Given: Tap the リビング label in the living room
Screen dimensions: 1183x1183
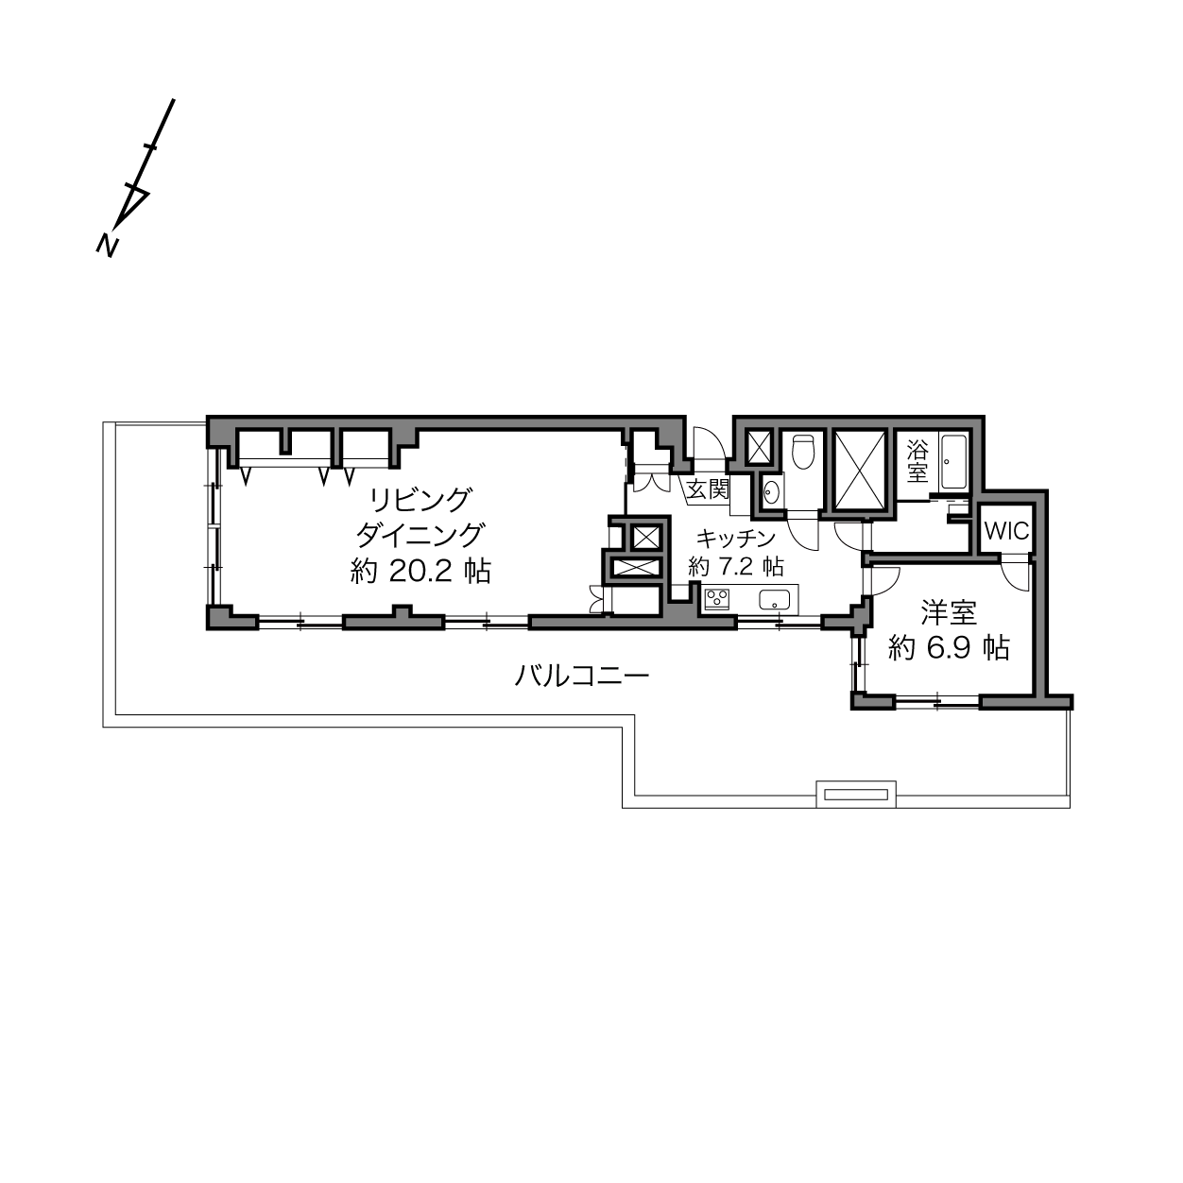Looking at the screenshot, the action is [420, 501].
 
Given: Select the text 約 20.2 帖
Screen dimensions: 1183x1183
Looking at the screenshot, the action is [420, 572].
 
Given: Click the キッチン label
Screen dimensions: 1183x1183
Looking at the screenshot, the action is [735, 539].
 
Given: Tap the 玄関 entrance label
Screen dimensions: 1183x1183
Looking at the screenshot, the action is [708, 489].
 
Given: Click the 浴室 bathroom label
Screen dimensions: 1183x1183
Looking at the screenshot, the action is [917, 462].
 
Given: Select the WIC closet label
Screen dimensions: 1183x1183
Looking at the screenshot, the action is [1006, 531].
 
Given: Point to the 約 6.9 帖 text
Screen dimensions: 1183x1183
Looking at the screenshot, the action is [949, 647].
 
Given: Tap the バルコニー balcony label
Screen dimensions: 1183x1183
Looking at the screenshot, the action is [581, 677].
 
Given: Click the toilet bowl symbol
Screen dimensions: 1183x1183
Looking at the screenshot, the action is [803, 452].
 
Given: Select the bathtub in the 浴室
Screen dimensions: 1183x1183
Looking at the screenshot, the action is [954, 462].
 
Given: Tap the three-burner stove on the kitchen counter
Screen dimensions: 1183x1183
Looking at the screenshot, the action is [717, 598].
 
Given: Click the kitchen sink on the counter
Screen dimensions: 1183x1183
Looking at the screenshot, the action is [773, 599].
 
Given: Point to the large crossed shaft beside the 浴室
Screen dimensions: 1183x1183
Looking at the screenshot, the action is [860, 470].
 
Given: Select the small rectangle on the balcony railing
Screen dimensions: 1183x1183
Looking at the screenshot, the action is [856, 795].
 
